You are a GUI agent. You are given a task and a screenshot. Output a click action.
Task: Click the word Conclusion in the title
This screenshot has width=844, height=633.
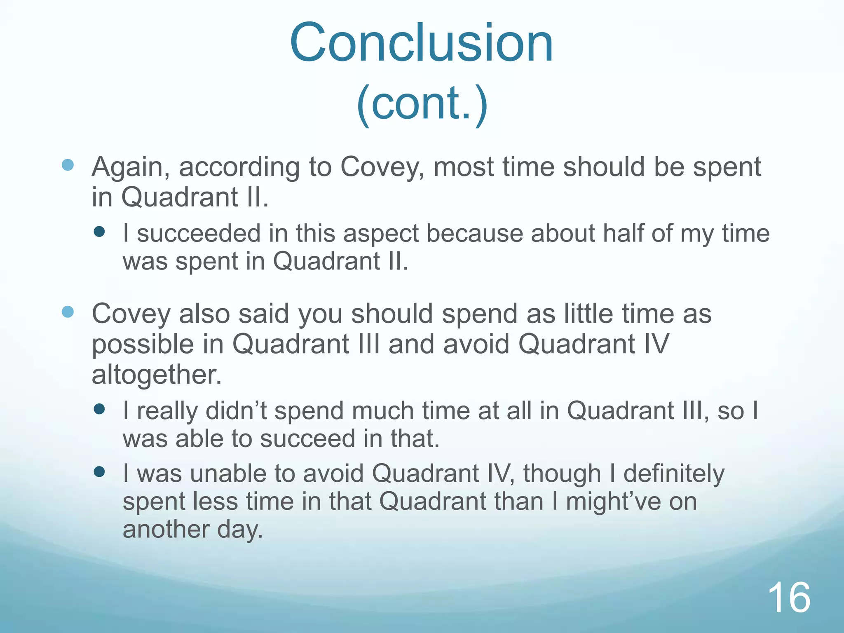421,43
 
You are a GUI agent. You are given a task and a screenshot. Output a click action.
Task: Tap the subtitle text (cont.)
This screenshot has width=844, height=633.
422,103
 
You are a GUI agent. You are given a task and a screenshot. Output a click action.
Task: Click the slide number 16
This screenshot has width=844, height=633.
789,598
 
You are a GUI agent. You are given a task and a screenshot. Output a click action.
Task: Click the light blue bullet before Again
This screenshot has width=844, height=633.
68,165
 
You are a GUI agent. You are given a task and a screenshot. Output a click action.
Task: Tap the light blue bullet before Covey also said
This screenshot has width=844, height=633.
68,312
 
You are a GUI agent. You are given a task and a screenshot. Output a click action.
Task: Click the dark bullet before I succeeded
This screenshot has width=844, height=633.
99,231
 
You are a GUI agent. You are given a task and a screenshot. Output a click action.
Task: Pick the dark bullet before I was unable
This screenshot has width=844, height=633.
99,471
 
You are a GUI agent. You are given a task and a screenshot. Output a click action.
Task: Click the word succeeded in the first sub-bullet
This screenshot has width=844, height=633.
199,233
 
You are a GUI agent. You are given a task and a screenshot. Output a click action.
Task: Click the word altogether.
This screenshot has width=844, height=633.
157,375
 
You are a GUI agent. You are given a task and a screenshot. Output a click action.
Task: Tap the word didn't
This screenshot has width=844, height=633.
237,411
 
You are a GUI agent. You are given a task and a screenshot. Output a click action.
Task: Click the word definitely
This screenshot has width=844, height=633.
673,474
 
